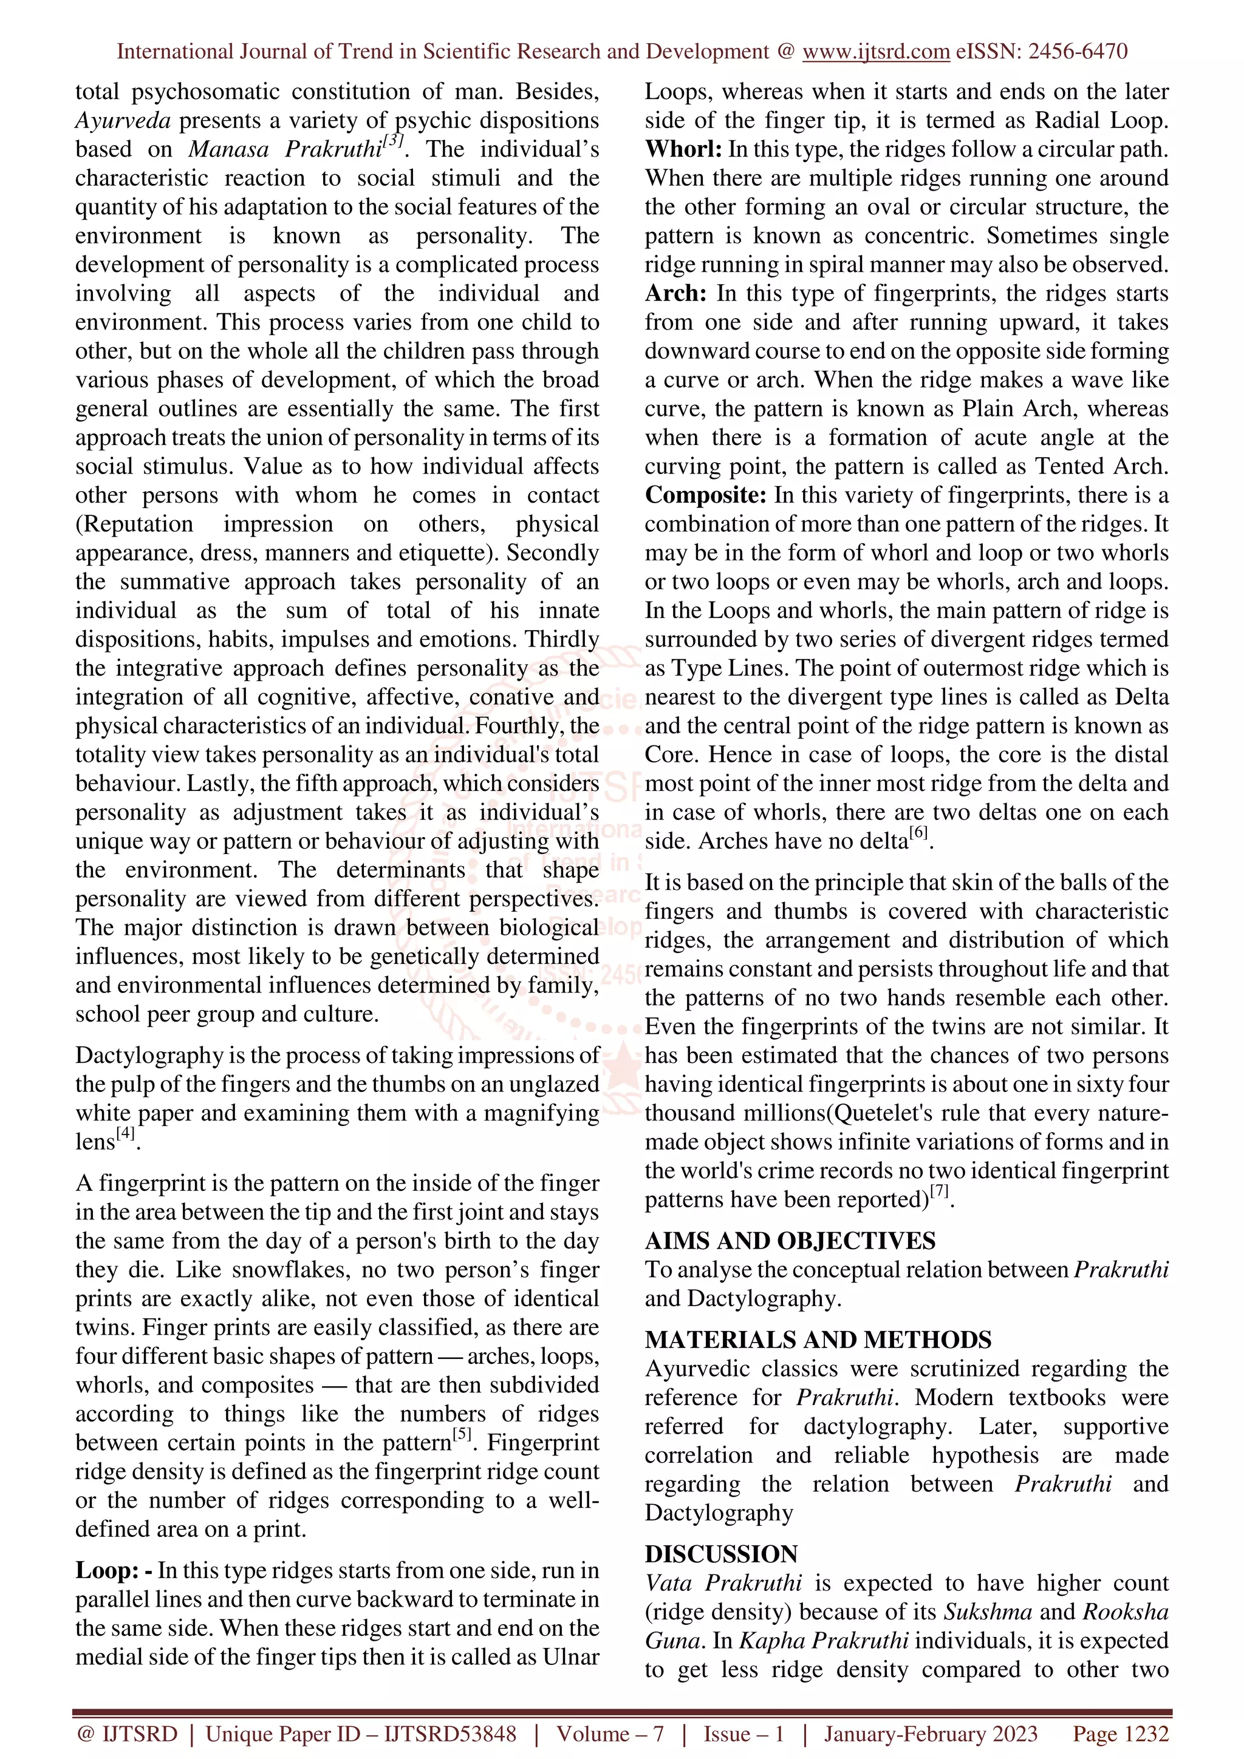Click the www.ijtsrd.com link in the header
coord(875,52)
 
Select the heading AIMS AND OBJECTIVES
coord(790,1241)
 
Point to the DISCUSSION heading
coord(721,1554)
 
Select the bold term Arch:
coord(675,293)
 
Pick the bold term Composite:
coord(705,495)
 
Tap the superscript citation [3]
coord(393,141)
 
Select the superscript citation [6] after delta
coord(918,832)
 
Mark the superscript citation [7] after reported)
coord(940,1191)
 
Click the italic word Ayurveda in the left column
coord(123,120)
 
